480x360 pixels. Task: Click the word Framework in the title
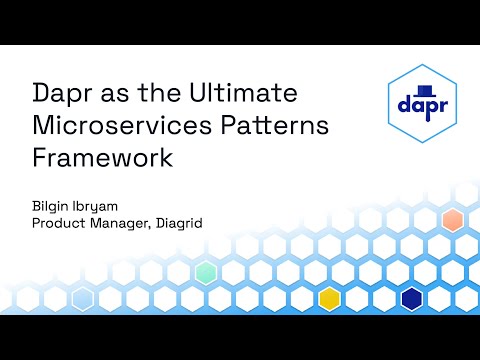[100, 157]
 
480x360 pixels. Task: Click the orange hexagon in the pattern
[453, 220]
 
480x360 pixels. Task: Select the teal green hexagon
[206, 272]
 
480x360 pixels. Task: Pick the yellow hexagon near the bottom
[329, 298]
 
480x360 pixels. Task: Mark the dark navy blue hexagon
[411, 298]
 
